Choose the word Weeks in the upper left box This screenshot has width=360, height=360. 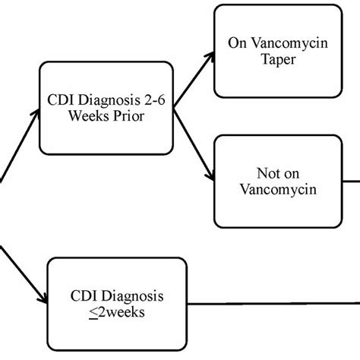[x=92, y=119]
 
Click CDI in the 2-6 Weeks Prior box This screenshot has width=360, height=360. [x=63, y=101]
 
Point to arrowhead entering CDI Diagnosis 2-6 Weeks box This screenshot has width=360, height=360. [x=33, y=113]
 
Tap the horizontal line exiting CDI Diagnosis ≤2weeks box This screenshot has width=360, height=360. [x=273, y=302]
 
